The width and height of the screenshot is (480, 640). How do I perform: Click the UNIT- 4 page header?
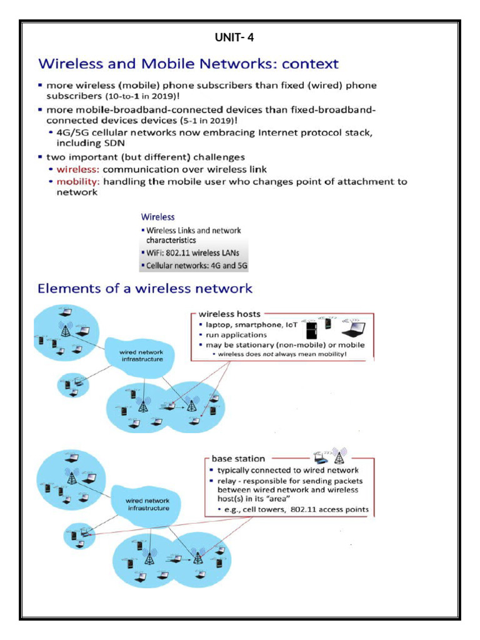(234, 37)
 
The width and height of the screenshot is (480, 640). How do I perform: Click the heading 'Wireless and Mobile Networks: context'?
(188, 64)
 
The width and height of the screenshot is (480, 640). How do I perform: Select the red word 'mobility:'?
(78, 182)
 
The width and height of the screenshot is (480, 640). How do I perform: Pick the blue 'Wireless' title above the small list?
(157, 217)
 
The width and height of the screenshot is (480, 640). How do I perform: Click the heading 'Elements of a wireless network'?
(145, 289)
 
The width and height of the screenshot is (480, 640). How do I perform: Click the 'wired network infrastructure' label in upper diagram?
(141, 356)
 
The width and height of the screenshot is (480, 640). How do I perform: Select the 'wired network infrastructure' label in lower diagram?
(148, 504)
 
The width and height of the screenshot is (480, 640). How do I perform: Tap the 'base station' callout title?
(238, 459)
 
